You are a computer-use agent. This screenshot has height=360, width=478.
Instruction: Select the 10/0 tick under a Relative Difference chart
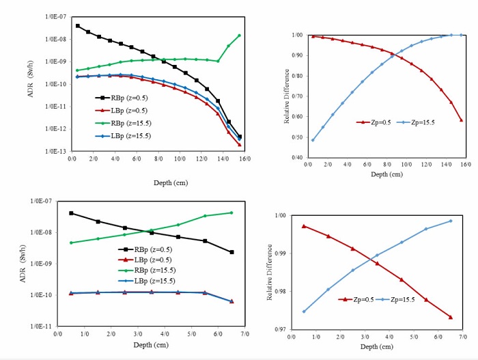click(x=407, y=165)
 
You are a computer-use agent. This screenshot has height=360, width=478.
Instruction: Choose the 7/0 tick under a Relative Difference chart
click(x=462, y=337)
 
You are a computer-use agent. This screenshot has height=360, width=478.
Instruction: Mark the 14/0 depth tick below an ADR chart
click(x=223, y=160)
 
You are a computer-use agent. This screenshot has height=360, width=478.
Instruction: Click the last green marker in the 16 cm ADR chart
click(x=239, y=36)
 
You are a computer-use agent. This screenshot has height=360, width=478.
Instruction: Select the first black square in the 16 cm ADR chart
click(x=77, y=26)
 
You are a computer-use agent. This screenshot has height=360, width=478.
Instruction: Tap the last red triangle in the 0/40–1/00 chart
click(x=461, y=120)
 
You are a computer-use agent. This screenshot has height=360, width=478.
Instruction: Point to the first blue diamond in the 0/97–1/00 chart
click(x=304, y=311)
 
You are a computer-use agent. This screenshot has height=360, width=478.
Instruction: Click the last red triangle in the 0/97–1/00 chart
click(x=451, y=317)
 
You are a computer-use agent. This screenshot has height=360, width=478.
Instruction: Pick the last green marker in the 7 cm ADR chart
click(x=231, y=212)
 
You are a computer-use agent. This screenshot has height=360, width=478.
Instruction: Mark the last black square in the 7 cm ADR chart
click(x=231, y=252)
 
